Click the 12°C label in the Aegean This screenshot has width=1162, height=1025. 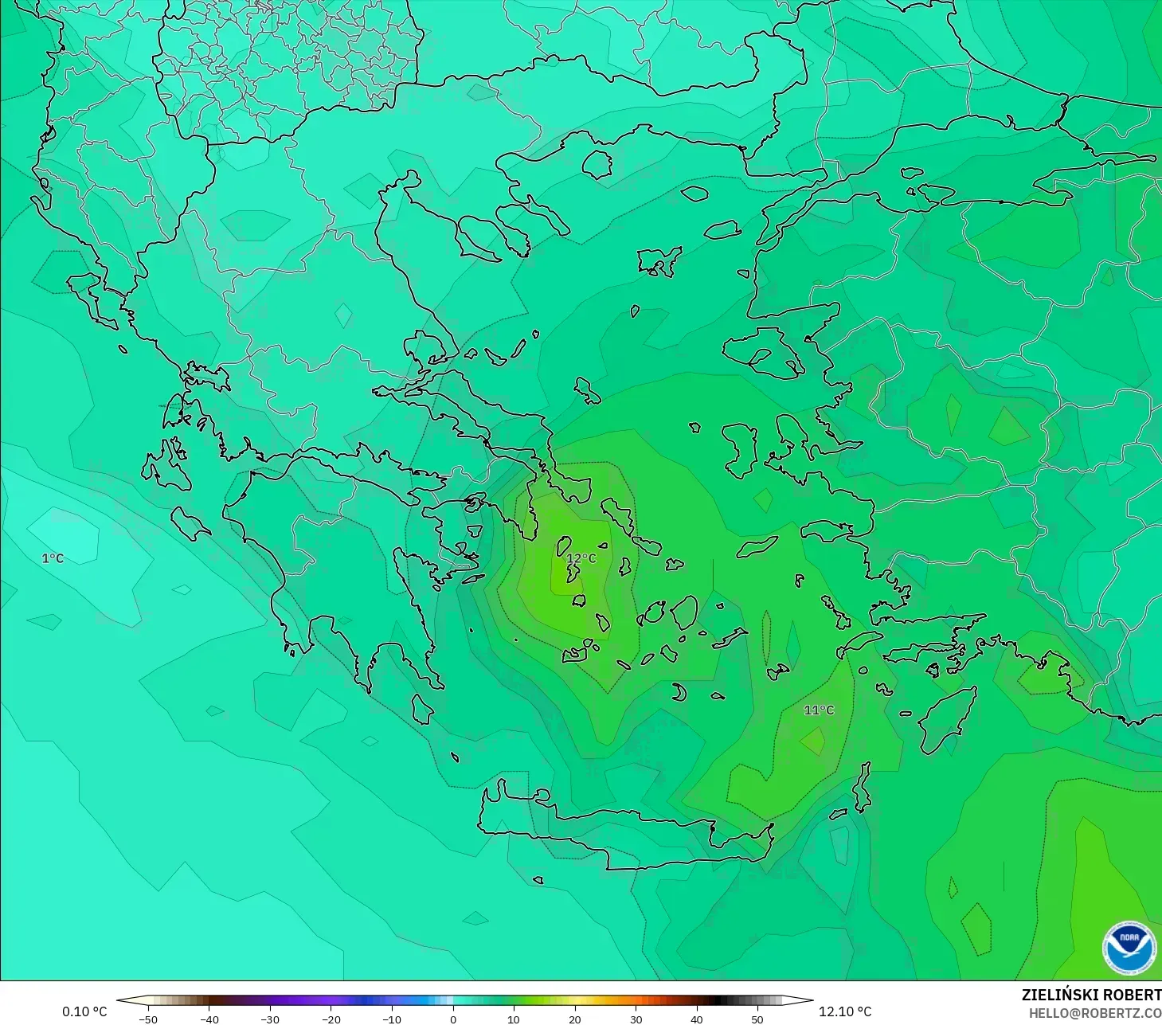click(581, 558)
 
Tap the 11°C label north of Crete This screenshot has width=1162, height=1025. click(819, 710)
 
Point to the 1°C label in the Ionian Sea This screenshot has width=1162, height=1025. click(53, 558)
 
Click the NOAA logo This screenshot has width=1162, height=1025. click(1129, 948)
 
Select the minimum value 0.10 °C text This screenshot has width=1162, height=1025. click(84, 1011)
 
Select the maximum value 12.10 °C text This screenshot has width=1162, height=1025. click(845, 1011)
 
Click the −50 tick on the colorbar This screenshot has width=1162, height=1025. click(148, 1019)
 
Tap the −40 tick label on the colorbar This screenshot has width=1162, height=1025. click(209, 1019)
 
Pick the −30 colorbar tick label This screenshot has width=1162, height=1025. click(270, 1019)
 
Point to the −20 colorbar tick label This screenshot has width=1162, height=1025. click(331, 1019)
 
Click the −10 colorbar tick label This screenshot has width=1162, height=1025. click(392, 1019)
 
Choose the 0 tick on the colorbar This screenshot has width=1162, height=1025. click(452, 1019)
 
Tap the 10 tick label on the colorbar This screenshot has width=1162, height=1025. click(514, 1019)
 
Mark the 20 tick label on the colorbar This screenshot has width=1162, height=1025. click(574, 1019)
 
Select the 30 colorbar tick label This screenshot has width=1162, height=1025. click(636, 1019)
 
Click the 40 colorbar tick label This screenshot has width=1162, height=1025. click(696, 1019)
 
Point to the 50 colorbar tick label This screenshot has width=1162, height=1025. click(757, 1019)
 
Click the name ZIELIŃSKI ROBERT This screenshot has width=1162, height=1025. click(1091, 995)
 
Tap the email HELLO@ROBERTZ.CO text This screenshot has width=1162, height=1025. click(1094, 1013)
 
